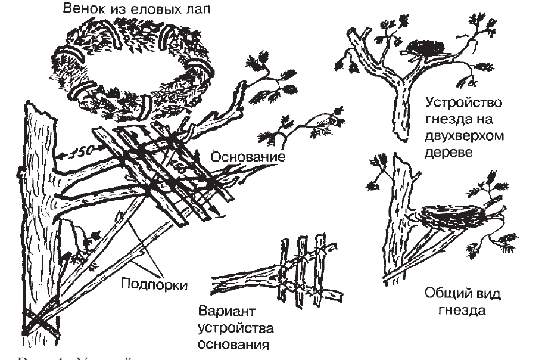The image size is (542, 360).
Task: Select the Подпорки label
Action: pyautogui.click(x=154, y=284)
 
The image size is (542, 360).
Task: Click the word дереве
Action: pyautogui.click(x=454, y=153)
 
